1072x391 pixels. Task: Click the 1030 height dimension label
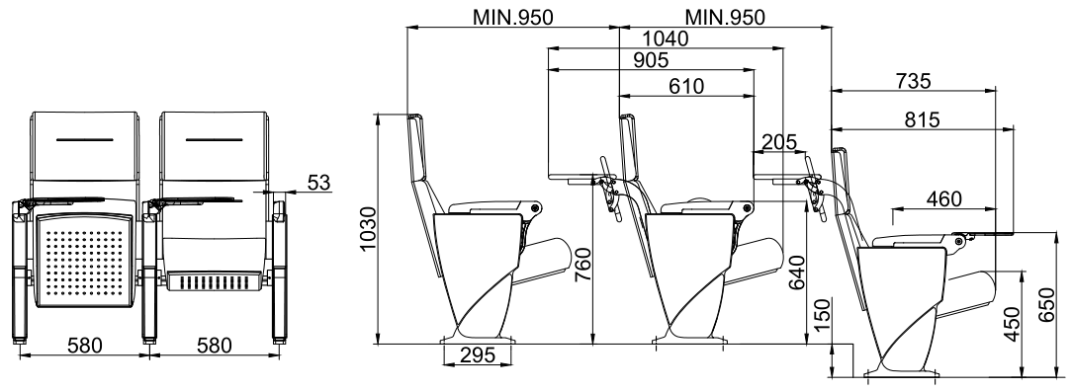[368, 229]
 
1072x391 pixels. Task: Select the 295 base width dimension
[478, 355]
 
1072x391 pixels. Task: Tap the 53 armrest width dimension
[318, 183]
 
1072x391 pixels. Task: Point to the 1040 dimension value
[666, 39]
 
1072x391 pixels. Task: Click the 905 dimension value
[651, 60]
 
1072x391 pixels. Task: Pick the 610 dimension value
[686, 86]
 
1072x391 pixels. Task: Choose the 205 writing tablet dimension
[778, 142]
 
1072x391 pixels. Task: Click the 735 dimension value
[913, 81]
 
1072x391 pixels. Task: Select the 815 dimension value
[921, 119]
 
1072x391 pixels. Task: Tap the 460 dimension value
[944, 199]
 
